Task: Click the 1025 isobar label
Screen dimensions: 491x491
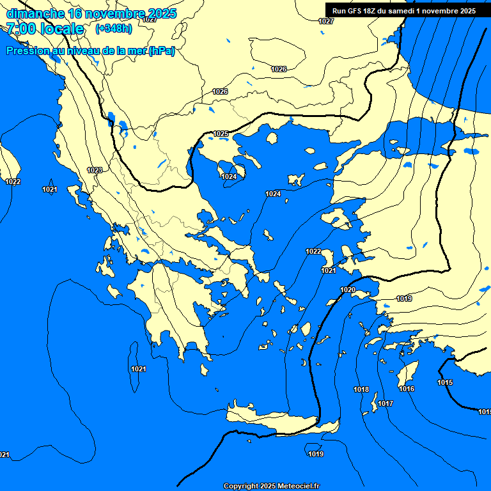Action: coord(221,134)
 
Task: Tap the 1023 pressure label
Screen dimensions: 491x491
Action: coord(95,170)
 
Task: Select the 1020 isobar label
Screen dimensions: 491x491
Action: coord(348,290)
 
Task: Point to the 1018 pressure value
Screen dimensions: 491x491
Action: coord(361,389)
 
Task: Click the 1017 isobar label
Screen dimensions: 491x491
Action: coord(385,403)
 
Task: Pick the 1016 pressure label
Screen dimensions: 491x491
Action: coord(407,389)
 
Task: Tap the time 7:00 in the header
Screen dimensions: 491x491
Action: coord(22,29)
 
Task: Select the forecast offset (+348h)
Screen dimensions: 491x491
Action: coord(113,29)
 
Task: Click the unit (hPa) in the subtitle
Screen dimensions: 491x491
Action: coord(161,51)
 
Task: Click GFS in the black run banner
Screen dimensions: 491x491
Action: coord(356,11)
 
